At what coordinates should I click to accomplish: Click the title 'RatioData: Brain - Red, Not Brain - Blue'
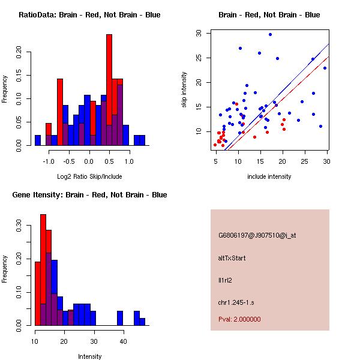[89, 15]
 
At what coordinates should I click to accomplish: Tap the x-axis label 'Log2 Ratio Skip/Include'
[89, 177]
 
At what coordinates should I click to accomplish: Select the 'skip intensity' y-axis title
[185, 90]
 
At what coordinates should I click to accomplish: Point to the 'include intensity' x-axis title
[269, 177]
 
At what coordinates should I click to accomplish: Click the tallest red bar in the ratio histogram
[109, 90]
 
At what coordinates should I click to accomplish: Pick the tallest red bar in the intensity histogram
[43, 270]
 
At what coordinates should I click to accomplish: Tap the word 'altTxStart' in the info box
[232, 258]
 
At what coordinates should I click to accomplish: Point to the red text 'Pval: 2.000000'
[239, 319]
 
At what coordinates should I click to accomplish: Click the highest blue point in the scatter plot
[271, 34]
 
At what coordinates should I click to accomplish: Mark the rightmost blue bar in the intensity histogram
[142, 322]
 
